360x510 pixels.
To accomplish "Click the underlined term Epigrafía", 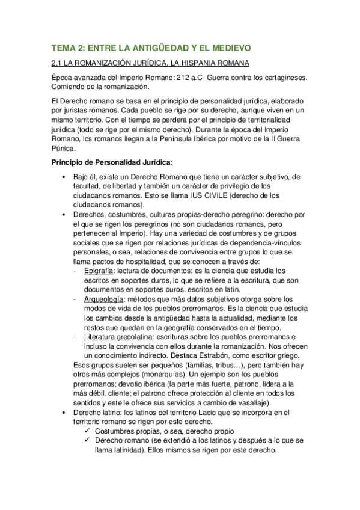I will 100,271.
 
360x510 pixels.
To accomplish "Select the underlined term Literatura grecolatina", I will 123,337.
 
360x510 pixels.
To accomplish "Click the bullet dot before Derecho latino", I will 64,413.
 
